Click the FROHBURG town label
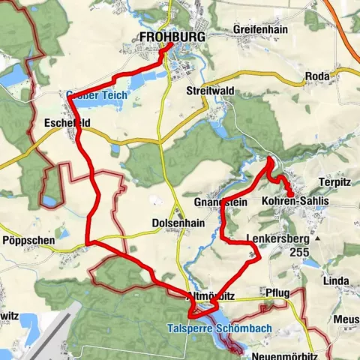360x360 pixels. [172, 36]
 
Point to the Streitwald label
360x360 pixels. [209, 90]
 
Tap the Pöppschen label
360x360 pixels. [26, 241]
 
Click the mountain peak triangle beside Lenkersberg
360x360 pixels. [318, 238]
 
